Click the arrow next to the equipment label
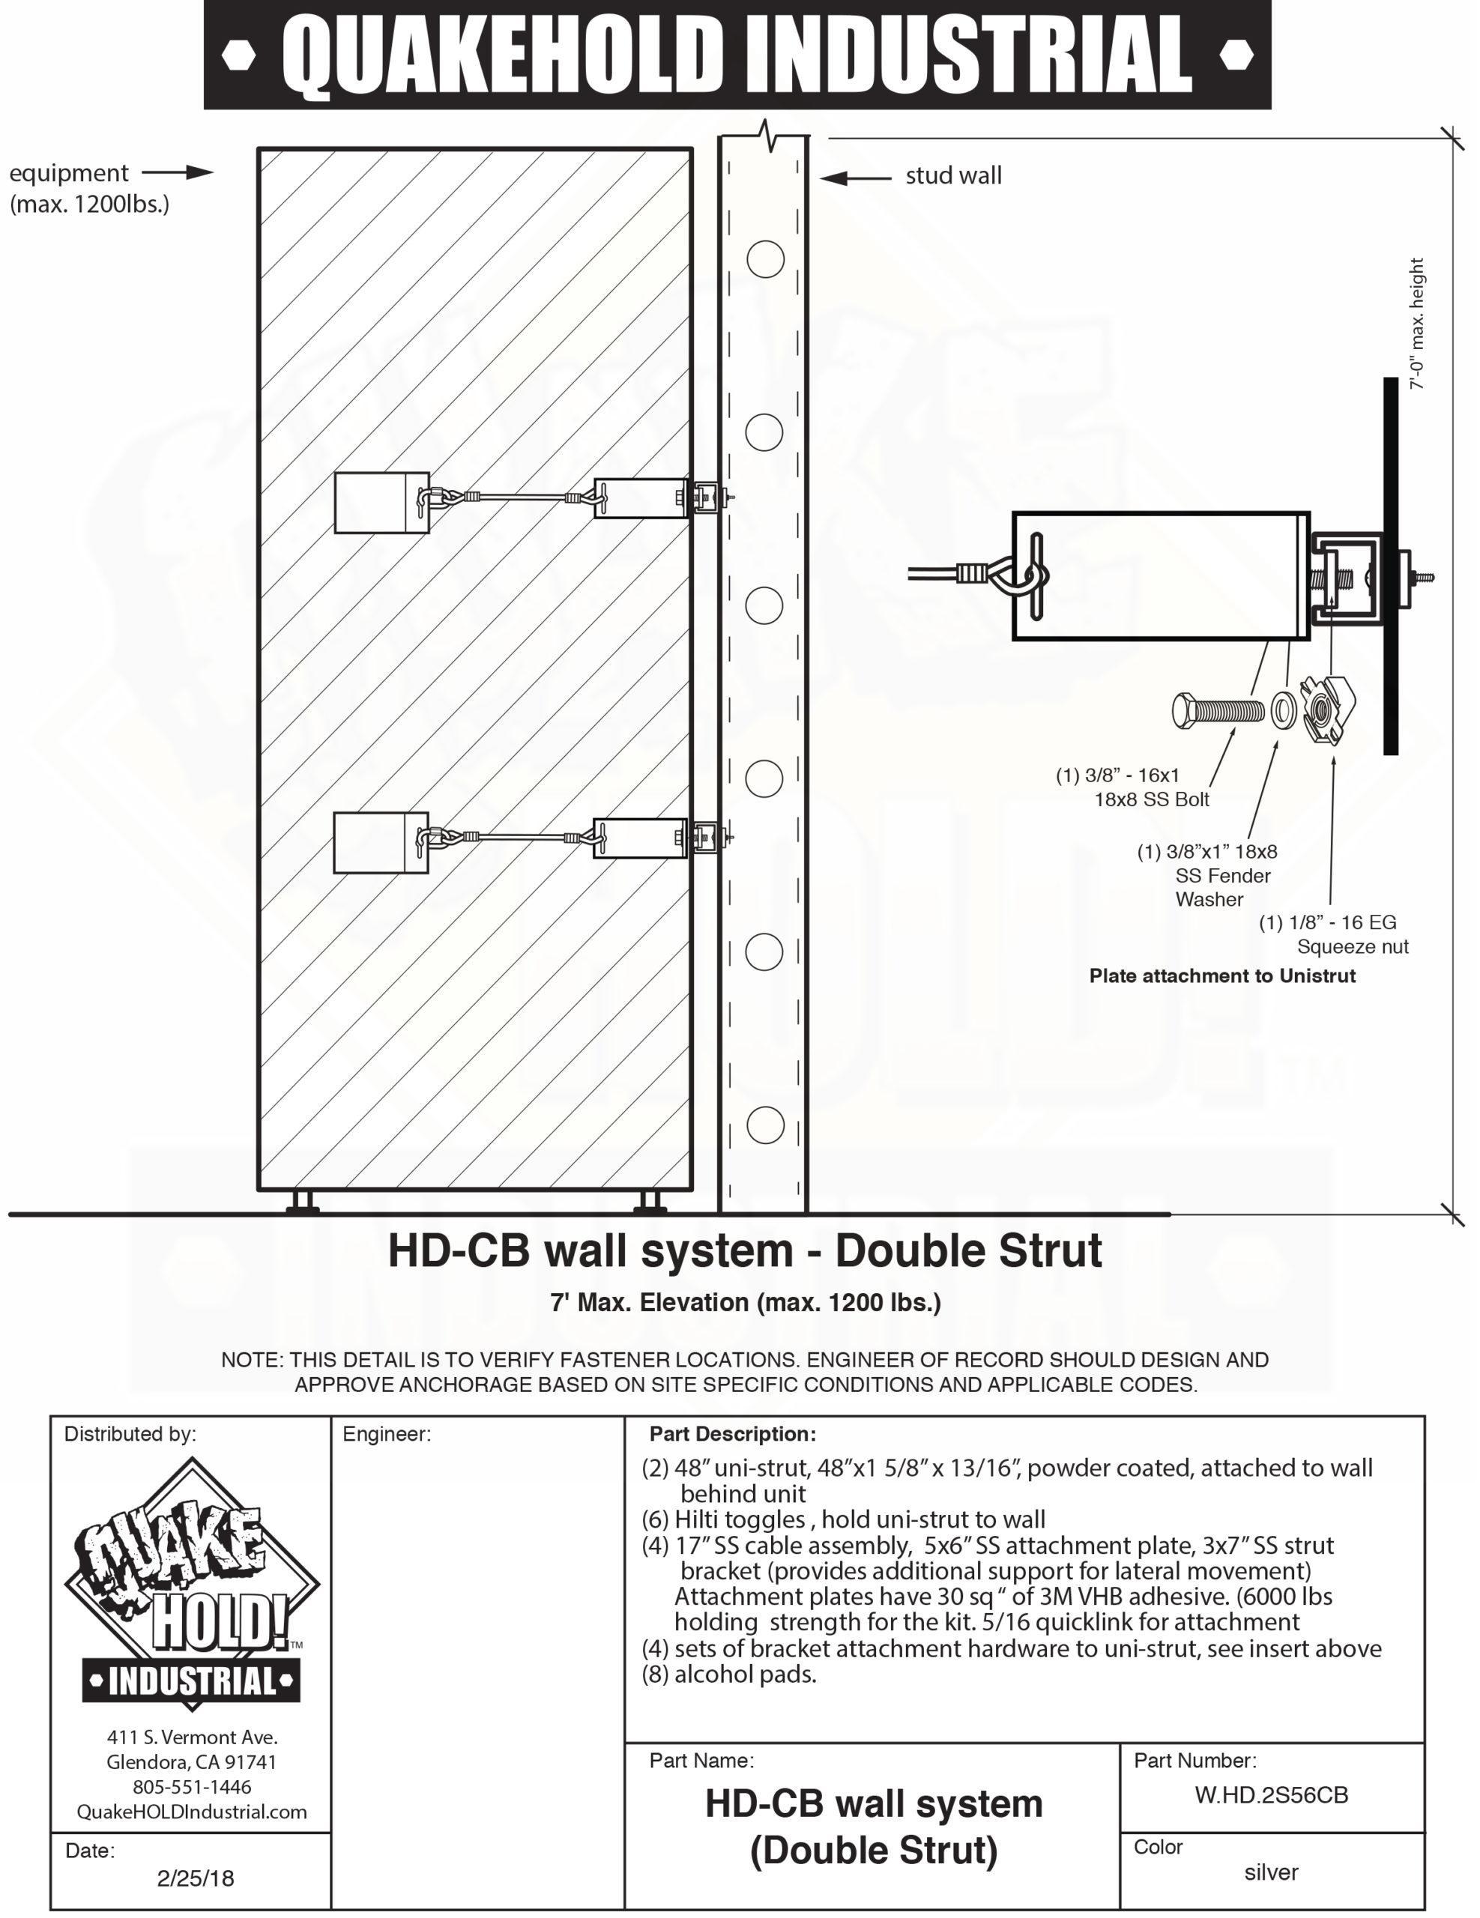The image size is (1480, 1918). coord(178,172)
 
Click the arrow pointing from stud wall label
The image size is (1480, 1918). coord(856,178)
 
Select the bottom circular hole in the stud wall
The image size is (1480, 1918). coord(764,1124)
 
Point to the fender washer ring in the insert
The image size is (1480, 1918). coord(1283,710)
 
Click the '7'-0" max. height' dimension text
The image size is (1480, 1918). coord(1416,323)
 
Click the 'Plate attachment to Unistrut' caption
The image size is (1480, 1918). coord(1221,975)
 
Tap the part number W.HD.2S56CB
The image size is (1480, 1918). coord(1271,1795)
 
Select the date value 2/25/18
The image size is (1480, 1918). coord(196,1878)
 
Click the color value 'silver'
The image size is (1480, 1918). coord(1271,1872)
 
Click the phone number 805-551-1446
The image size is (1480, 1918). coord(192,1786)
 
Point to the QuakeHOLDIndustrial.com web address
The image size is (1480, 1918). coord(192,1812)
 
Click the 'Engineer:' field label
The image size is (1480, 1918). coord(387,1434)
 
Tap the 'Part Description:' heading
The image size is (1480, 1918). coord(733,1434)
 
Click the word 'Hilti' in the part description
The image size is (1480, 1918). coord(695,1519)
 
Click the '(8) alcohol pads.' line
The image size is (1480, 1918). coord(729,1674)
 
